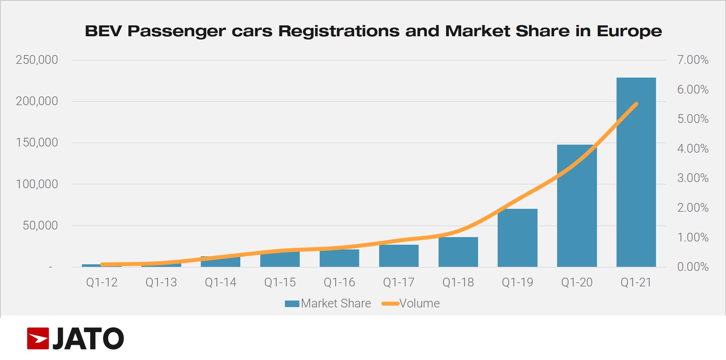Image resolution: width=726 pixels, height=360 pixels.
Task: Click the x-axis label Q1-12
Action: (x=102, y=282)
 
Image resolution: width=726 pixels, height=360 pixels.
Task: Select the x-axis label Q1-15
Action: (x=280, y=282)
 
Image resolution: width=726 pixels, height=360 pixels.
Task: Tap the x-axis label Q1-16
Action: (x=339, y=282)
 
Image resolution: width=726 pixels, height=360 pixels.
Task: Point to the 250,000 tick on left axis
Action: (x=37, y=60)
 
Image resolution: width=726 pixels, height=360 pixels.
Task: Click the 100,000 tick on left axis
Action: (x=37, y=184)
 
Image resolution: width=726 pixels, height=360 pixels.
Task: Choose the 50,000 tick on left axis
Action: (x=40, y=225)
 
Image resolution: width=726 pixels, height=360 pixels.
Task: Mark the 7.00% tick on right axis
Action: (x=693, y=60)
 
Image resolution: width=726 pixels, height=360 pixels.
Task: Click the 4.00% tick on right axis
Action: (x=693, y=149)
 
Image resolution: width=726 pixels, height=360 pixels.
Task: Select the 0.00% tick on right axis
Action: (x=693, y=267)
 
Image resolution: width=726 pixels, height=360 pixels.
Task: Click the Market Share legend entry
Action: (x=328, y=303)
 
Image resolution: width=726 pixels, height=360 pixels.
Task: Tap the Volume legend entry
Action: (x=411, y=303)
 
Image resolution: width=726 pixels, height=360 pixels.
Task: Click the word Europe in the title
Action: (x=629, y=31)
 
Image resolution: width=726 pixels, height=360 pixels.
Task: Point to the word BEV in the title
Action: (x=103, y=31)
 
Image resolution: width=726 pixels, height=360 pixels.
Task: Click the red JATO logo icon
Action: (x=38, y=338)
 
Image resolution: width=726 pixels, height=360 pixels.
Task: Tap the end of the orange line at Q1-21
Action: (x=636, y=104)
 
